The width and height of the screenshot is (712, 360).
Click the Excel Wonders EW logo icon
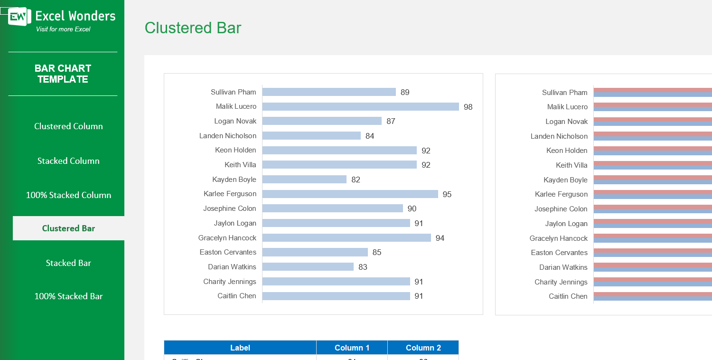point(19,17)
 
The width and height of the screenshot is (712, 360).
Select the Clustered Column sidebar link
point(68,126)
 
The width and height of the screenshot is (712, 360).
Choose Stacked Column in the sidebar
point(68,161)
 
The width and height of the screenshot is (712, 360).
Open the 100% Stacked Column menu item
point(68,195)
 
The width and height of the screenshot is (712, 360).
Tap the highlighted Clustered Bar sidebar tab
point(68,228)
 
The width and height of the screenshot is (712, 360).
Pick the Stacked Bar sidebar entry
point(68,263)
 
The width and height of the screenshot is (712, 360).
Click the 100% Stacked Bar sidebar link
point(68,296)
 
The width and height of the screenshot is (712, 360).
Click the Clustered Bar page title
point(193,28)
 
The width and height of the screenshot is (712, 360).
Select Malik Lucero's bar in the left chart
point(360,107)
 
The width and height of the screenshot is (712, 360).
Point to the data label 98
point(468,107)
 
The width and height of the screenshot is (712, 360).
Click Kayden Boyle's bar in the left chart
point(304,180)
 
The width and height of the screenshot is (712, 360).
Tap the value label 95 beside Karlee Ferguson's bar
point(447,195)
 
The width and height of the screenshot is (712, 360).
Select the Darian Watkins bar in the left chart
point(308,267)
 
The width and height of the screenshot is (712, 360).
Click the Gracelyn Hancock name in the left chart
point(227,238)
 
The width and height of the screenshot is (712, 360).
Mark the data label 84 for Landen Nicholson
point(370,136)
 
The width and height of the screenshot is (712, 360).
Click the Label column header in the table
point(240,348)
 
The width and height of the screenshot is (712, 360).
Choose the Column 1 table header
point(352,348)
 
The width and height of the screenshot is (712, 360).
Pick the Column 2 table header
point(423,348)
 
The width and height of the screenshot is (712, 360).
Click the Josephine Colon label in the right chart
point(561,209)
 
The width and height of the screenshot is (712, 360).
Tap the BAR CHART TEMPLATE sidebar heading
point(63,74)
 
